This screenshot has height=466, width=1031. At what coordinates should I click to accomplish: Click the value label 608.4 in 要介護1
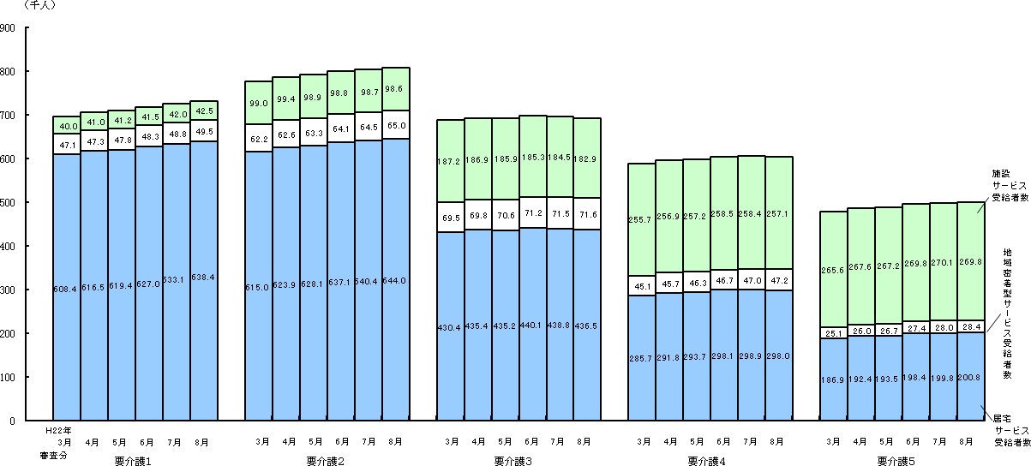(67, 290)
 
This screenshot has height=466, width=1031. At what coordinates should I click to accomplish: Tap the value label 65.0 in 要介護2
(395, 124)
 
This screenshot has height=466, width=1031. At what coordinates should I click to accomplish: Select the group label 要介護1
(133, 460)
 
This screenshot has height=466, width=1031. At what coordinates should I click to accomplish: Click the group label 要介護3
(513, 460)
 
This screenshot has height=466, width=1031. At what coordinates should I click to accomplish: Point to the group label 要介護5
(896, 460)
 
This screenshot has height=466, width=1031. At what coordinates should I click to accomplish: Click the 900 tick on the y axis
(9, 28)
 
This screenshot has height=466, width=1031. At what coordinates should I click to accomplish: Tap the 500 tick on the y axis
(9, 203)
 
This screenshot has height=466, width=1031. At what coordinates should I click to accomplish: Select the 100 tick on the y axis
(9, 378)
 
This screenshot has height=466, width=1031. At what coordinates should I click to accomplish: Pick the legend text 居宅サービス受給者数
(1008, 430)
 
